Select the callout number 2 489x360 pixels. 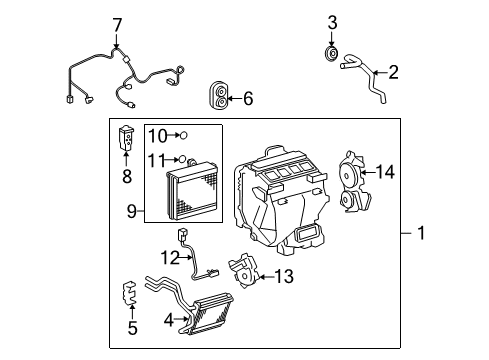point(393,71)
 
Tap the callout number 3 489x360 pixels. point(332,22)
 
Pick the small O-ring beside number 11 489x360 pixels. point(186,157)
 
